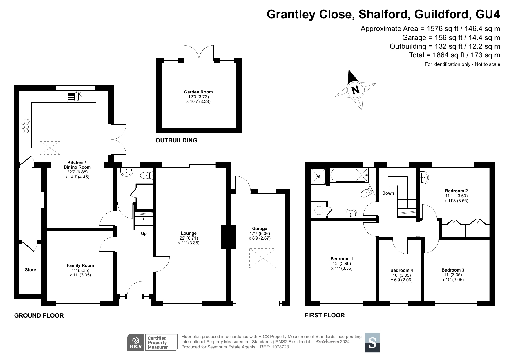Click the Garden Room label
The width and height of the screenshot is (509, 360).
198,92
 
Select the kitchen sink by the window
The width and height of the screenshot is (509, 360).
77,96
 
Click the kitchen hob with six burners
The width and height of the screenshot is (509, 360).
26,126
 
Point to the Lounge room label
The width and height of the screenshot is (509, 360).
189,233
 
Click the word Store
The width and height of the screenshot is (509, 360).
30,270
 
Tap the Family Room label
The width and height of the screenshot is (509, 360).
80,265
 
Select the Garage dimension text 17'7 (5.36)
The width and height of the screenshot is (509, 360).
260,234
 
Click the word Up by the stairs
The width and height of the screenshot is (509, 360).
144,234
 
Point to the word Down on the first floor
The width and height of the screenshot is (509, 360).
388,193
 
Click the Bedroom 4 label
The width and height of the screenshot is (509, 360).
402,270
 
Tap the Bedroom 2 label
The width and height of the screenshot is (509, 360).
457,191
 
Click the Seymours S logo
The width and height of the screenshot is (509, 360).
372,343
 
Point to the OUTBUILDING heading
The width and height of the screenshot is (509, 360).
176,140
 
